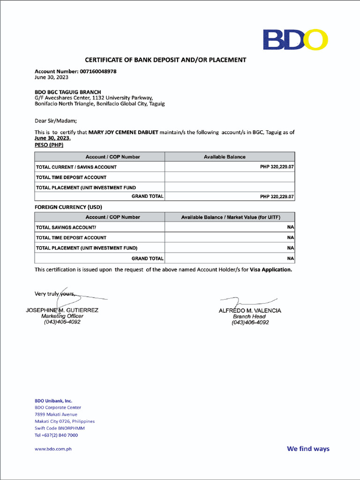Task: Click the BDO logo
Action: point(295,39)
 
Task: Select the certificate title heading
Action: point(165,60)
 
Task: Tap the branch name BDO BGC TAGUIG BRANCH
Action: point(67,92)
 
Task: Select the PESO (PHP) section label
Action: point(49,145)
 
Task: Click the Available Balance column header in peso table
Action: point(225,157)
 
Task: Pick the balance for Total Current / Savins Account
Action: point(277,167)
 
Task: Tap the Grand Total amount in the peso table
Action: point(277,197)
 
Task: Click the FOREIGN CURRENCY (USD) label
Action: point(68,207)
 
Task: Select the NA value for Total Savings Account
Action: point(290,227)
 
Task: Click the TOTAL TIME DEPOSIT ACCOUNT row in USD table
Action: point(71,238)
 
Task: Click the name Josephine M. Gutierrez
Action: point(62,310)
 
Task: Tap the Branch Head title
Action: point(249,316)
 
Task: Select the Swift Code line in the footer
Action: point(60,428)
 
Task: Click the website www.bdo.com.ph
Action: point(53,449)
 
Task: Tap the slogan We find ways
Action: point(308,449)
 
